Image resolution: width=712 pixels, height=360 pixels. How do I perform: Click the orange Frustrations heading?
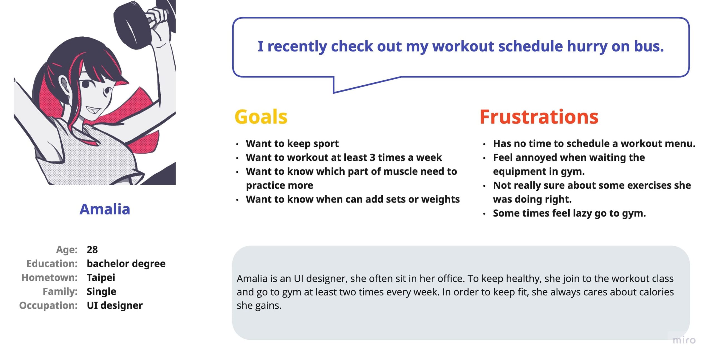539,117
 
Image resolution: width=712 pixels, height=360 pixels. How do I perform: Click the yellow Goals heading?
261,117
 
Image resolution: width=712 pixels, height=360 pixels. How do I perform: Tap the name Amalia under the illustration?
105,209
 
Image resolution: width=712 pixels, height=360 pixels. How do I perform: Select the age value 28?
92,250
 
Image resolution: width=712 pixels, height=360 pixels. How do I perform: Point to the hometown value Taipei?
101,278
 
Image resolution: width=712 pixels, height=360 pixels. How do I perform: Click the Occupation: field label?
48,305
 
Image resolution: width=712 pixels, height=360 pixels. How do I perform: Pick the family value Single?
101,291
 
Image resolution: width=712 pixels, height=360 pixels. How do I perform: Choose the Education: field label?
52,263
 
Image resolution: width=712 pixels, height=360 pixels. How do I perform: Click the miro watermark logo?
684,340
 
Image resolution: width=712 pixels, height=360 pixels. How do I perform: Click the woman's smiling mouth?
93,110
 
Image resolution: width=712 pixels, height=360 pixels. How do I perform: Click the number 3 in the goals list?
372,157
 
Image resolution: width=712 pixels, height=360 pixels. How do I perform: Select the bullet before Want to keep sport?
237,144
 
